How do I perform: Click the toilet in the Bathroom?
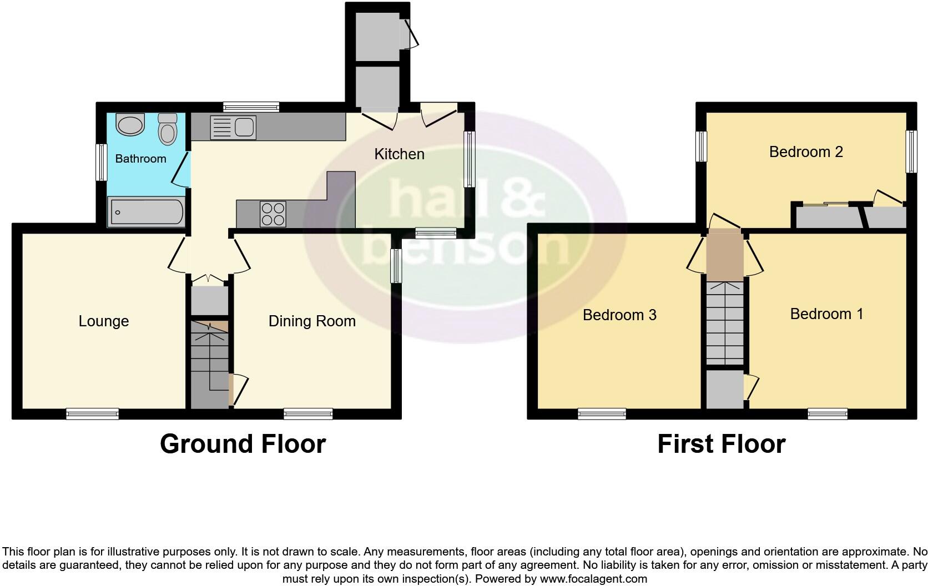click(167, 129)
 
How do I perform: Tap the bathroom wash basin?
click(131, 125)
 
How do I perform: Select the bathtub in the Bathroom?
click(147, 212)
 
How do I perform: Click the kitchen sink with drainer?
click(232, 128)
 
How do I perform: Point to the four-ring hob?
click(273, 214)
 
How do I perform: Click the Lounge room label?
click(104, 321)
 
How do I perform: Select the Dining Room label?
click(312, 321)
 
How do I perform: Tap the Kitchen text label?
click(399, 154)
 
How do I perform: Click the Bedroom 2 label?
click(806, 152)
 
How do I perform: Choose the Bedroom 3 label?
click(619, 315)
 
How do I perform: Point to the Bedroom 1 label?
click(826, 314)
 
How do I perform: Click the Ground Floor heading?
click(243, 444)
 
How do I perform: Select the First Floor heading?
click(721, 444)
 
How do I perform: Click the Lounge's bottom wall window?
click(92, 413)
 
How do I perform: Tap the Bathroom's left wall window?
click(101, 162)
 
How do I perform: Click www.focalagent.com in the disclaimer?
click(593, 579)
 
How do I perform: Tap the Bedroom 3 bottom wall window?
click(602, 413)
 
